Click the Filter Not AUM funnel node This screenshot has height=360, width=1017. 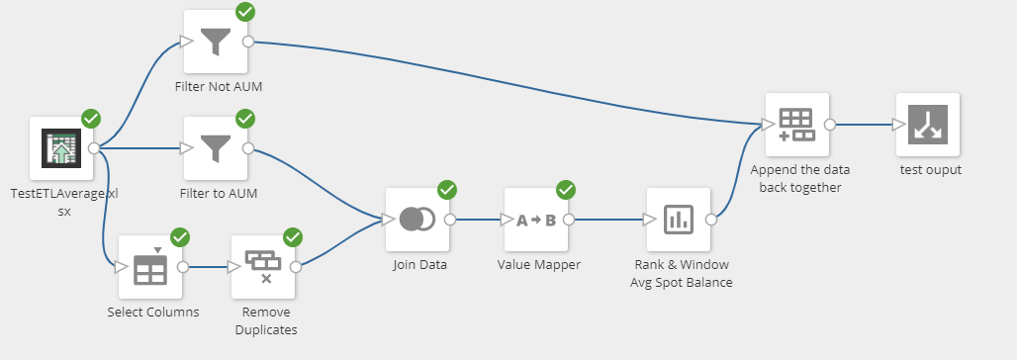216,42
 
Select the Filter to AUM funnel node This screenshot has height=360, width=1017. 216,148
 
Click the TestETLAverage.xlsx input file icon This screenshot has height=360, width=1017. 60,148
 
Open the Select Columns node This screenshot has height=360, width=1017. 150,266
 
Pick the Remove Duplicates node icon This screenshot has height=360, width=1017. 263,266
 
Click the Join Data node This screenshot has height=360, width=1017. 416,220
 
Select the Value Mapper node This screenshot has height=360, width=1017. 536,220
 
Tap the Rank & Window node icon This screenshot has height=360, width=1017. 679,220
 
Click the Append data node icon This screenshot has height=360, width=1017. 797,125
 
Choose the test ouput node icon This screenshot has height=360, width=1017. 928,125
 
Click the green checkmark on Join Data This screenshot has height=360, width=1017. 447,189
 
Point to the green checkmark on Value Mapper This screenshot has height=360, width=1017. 566,189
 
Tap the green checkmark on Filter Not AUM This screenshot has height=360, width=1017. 245,12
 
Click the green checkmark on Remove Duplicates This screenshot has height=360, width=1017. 293,236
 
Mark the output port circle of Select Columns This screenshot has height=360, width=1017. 183,266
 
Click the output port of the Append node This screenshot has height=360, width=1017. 830,125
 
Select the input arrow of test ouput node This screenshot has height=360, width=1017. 898,125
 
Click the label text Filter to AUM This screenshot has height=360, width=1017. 219,194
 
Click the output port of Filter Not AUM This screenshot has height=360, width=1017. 248,42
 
